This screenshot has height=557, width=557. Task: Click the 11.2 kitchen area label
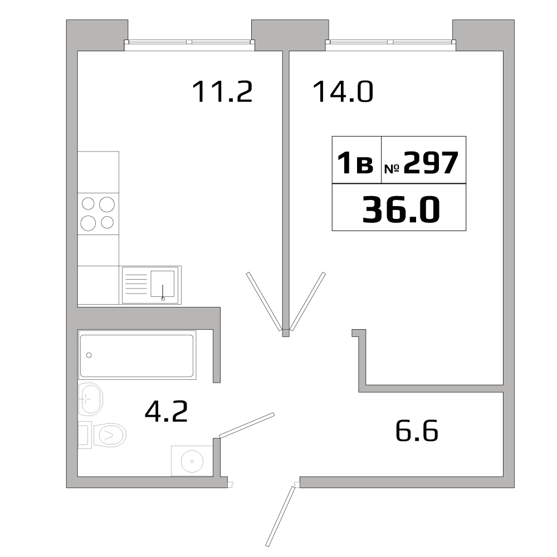[x=222, y=92]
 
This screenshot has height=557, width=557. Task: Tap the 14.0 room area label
[x=343, y=92]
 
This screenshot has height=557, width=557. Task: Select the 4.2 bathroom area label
[x=166, y=412]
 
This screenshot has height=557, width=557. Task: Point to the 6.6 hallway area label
[x=417, y=431]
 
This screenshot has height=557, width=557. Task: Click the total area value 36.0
[x=400, y=210]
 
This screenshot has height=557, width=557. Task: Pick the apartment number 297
[x=430, y=163]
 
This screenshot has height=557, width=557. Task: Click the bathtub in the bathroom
[x=136, y=355]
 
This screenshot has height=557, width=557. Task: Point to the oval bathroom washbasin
[x=90, y=399]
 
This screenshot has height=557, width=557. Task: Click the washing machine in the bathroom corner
[x=192, y=461]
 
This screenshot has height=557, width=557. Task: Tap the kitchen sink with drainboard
[x=151, y=285]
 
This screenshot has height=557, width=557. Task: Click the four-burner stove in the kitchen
[x=98, y=214]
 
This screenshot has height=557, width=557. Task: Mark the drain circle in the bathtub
[x=89, y=355]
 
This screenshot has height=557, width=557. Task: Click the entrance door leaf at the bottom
[x=280, y=515]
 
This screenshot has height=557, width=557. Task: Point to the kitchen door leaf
[x=264, y=301]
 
